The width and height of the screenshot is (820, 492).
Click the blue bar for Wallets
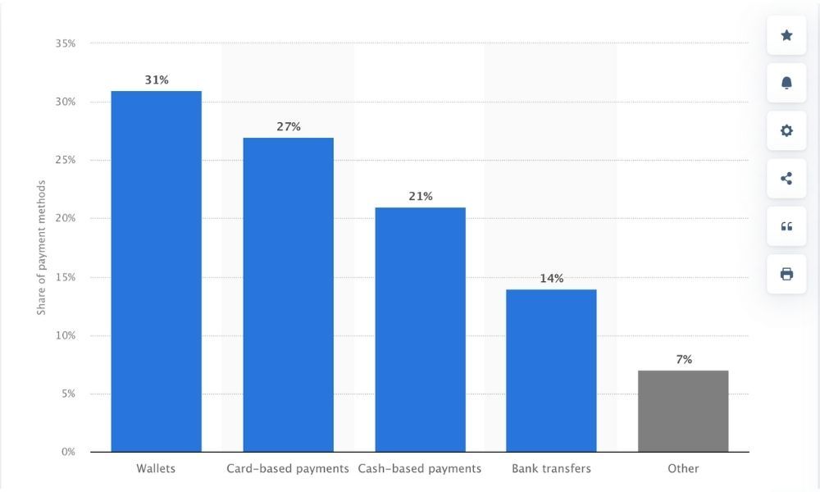tap(156, 271)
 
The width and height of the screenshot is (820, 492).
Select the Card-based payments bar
tap(288, 295)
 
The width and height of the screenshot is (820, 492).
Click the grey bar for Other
tap(683, 411)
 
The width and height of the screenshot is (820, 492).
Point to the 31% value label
tap(157, 80)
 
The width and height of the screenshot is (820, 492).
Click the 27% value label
tap(289, 126)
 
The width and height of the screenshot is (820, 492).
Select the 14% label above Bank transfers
tap(552, 278)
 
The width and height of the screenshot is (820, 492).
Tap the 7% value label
tap(684, 359)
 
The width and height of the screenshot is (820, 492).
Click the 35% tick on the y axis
tap(66, 43)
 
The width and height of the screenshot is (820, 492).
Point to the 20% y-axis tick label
tap(66, 218)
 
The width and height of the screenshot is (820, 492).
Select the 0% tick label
tap(69, 452)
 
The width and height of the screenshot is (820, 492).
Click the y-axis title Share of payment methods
tap(41, 248)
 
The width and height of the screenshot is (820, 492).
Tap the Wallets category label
tap(156, 469)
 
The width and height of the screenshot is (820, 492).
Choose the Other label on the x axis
tap(683, 469)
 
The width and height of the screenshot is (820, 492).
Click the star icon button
tap(786, 35)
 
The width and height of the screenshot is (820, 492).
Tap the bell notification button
tap(786, 83)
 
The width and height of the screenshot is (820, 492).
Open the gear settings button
tap(786, 130)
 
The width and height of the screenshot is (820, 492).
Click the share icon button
tap(786, 178)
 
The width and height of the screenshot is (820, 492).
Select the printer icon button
tap(786, 274)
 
